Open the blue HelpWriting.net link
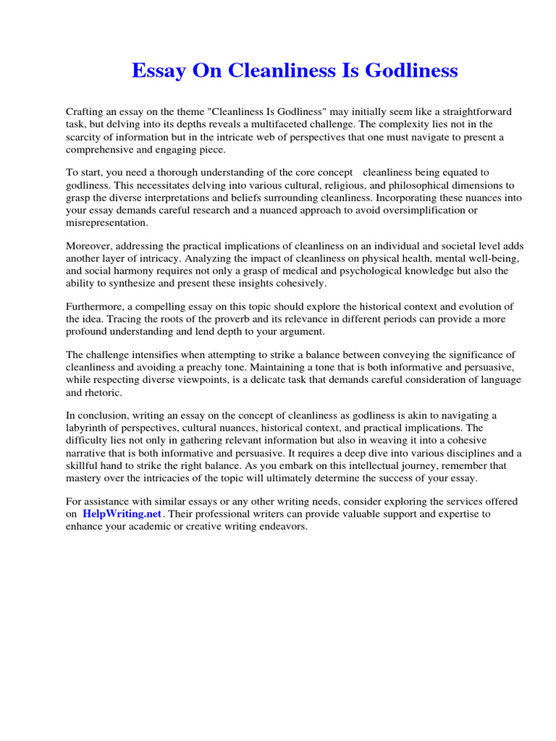coord(122,515)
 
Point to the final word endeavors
coord(282,527)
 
